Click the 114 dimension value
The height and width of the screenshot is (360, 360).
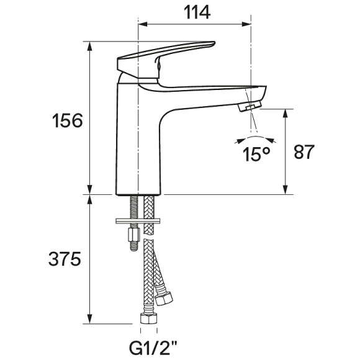[x=197, y=12]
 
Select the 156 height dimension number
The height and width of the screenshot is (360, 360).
[x=67, y=120]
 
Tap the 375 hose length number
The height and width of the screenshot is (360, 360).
[x=65, y=259]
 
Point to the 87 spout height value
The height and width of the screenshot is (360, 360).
[x=304, y=152]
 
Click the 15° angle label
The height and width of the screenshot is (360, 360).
[x=256, y=155]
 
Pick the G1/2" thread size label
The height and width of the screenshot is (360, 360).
[x=153, y=348]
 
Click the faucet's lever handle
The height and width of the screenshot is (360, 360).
[x=161, y=60]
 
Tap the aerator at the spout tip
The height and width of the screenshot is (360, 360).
[x=250, y=106]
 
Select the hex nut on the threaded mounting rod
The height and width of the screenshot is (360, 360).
[x=134, y=235]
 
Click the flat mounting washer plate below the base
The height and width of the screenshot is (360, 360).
[x=138, y=221]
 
